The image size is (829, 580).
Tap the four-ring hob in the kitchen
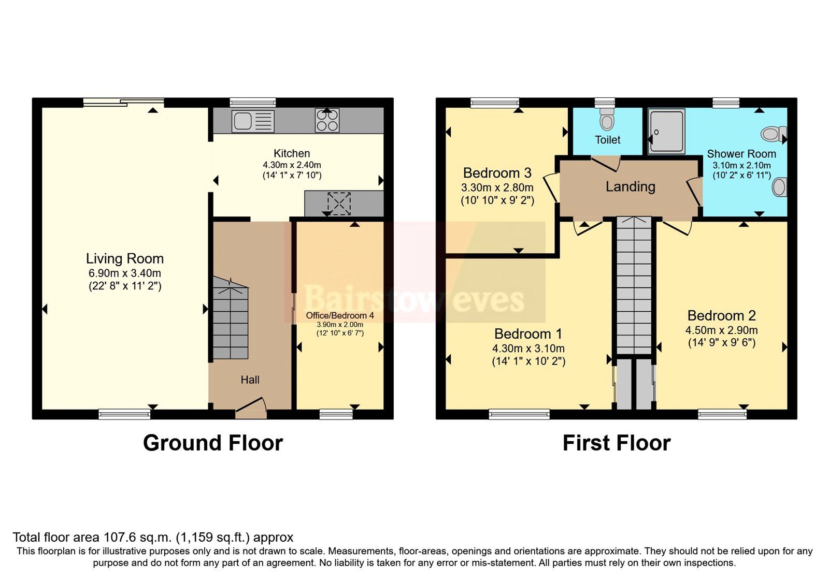click(x=327, y=121)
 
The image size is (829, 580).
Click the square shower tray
click(x=666, y=131)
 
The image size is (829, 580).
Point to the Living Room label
click(x=125, y=258)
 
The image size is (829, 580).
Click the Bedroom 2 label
click(x=721, y=315)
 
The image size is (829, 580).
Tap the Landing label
click(x=630, y=186)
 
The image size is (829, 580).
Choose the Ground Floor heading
click(x=213, y=443)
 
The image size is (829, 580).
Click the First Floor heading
click(x=616, y=443)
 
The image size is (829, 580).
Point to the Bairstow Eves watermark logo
click(x=414, y=299)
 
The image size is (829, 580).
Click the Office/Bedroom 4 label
click(x=339, y=315)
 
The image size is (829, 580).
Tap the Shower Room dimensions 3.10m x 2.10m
click(x=741, y=166)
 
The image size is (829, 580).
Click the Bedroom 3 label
click(x=497, y=173)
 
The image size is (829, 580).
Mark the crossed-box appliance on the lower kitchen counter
click(x=339, y=203)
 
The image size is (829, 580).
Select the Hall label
click(x=250, y=380)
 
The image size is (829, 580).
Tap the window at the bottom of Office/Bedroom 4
click(x=336, y=413)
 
